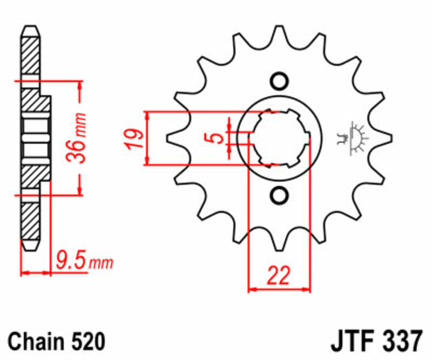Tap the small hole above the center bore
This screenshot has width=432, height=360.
(279, 81)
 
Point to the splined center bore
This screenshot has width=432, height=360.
(279, 138)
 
